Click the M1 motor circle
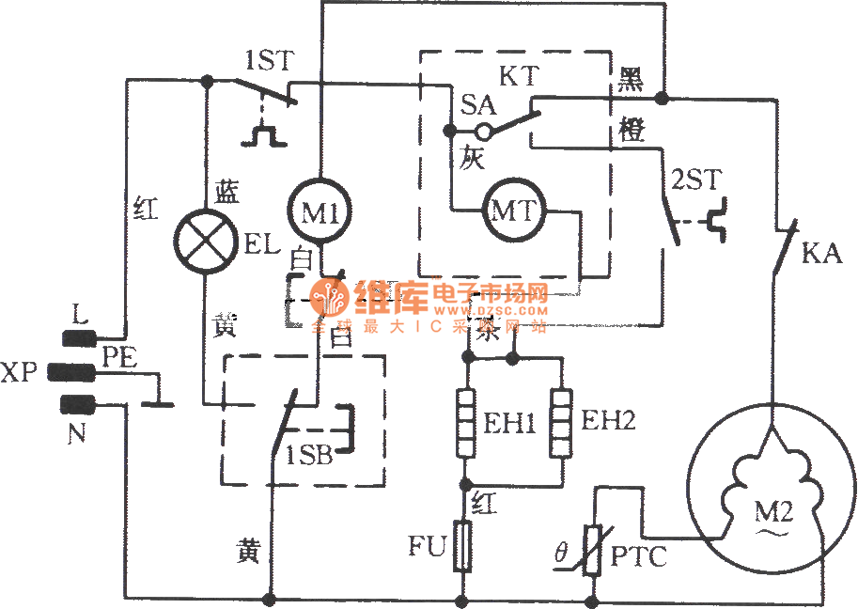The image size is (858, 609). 320,213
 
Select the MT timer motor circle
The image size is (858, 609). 513,211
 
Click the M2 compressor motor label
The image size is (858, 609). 774,513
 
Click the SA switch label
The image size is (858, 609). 478,104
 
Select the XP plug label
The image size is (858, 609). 21,372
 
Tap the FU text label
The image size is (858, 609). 427,546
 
